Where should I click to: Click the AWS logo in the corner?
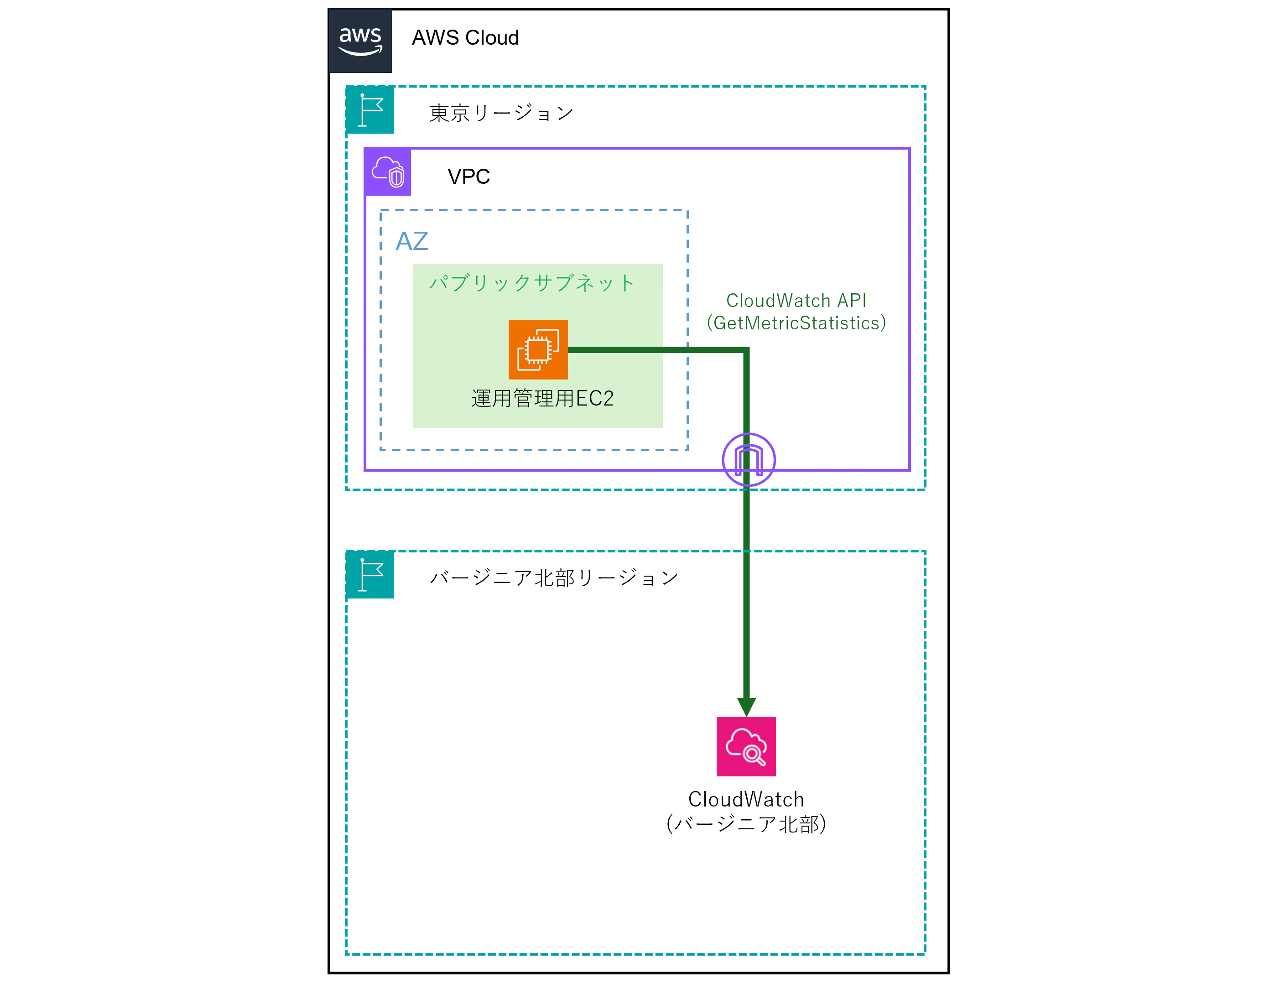(x=360, y=41)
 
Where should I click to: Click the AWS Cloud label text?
(x=465, y=38)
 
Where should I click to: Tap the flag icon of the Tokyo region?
(x=370, y=110)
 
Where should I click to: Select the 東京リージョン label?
(x=501, y=113)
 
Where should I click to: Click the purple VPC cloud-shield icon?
(x=388, y=172)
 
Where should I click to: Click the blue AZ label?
(x=412, y=241)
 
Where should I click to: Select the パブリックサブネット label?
(x=532, y=283)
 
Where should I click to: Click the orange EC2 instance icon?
(x=538, y=349)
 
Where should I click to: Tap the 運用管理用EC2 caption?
(x=542, y=399)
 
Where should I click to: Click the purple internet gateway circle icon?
(x=749, y=459)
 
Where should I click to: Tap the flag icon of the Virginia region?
(x=370, y=574)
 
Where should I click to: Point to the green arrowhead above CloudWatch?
(x=746, y=707)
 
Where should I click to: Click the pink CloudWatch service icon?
(x=746, y=746)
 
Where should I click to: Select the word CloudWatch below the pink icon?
(x=746, y=799)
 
